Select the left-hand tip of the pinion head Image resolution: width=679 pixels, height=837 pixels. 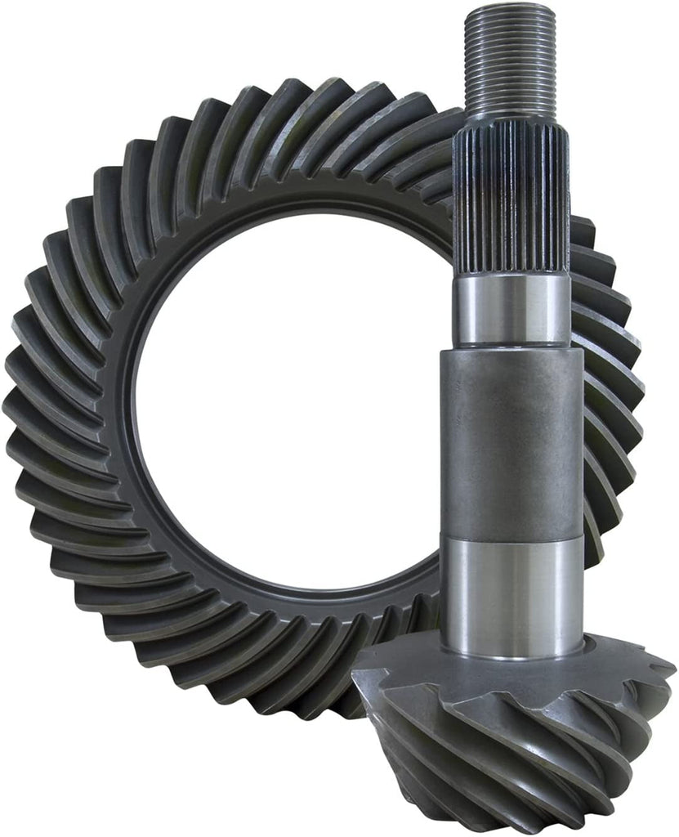coord(360,670)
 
